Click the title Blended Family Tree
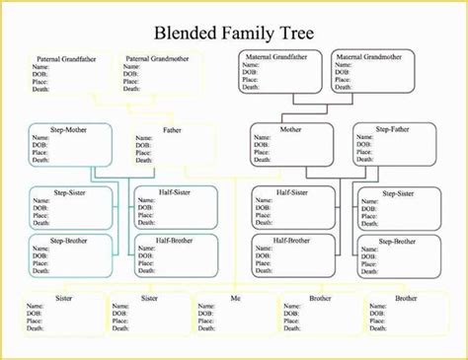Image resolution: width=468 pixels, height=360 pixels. pos(233,33)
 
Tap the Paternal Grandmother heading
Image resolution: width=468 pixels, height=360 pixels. pos(157,58)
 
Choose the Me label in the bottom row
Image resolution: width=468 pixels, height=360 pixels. pos(234,298)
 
